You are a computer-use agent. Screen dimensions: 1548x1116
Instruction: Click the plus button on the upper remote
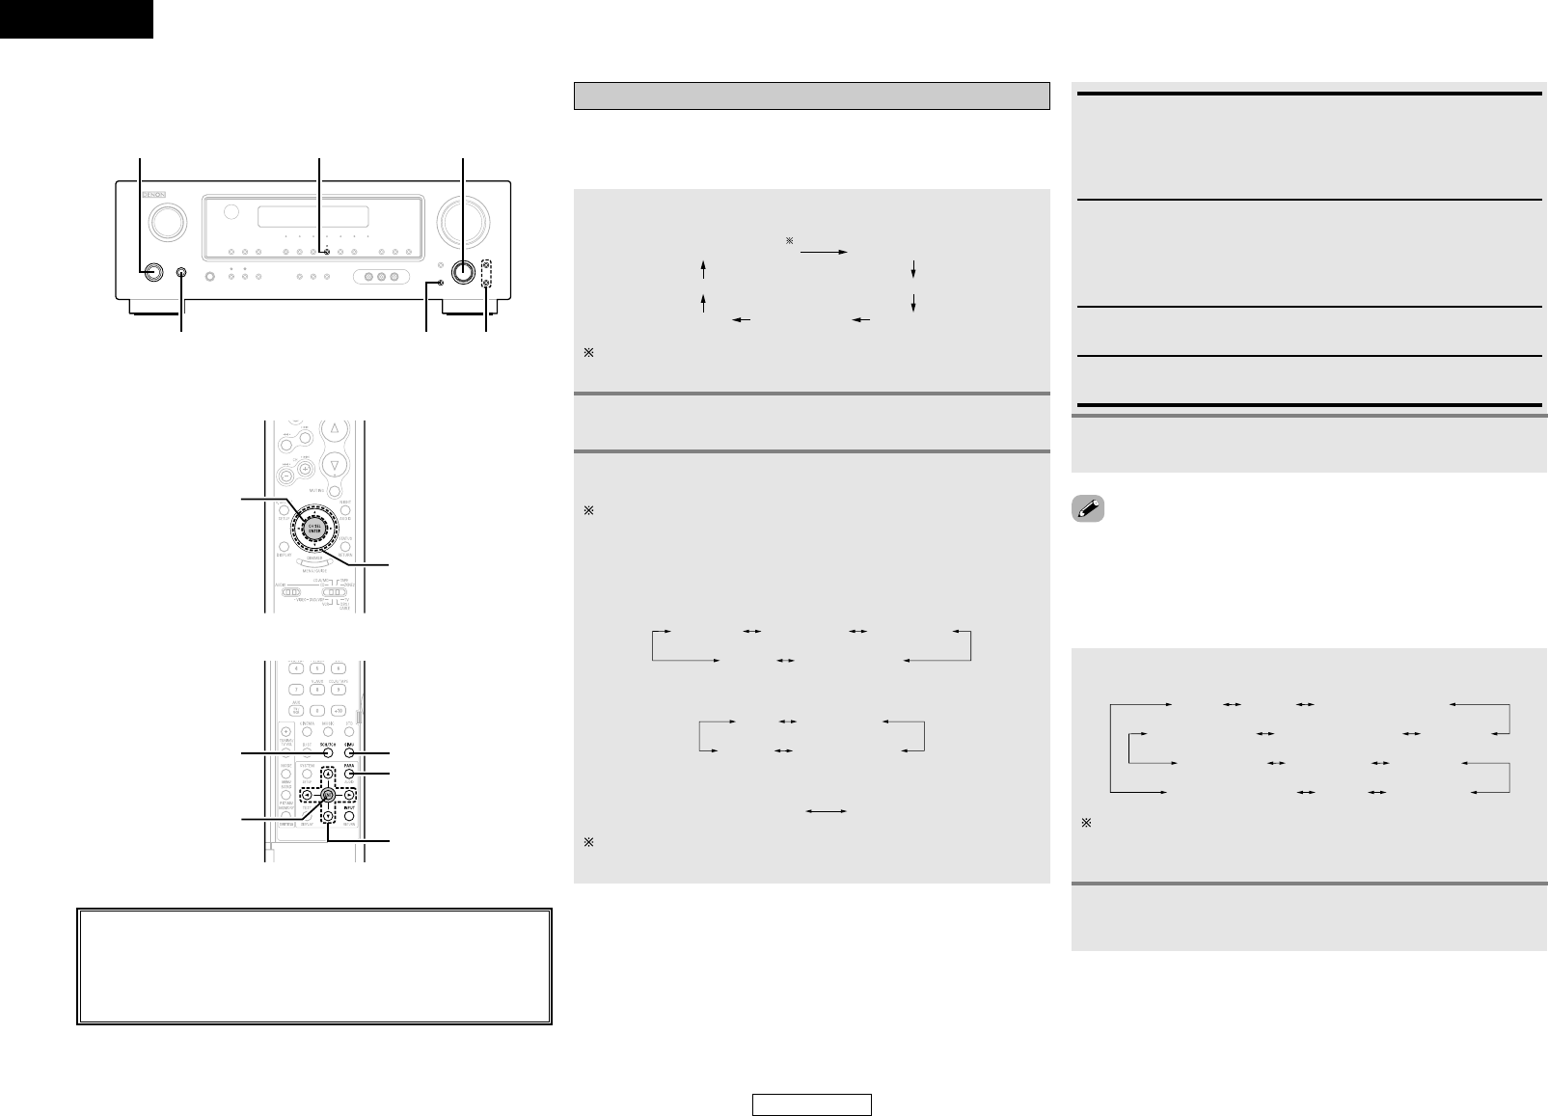(305, 469)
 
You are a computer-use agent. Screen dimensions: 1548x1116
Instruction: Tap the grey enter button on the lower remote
(328, 796)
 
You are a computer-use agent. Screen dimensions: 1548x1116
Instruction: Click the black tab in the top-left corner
(76, 18)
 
